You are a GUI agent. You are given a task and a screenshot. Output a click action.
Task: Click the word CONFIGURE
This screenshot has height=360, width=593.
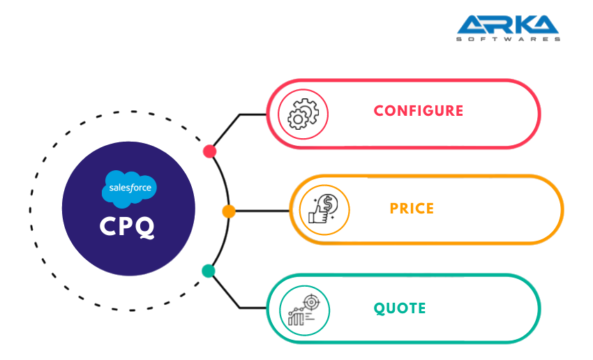418,110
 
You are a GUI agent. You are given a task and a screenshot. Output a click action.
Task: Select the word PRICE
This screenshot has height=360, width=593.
412,208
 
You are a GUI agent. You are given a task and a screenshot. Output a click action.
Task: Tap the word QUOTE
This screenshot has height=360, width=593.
400,308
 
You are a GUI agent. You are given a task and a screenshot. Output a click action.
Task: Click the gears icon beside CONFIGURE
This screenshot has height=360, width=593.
303,114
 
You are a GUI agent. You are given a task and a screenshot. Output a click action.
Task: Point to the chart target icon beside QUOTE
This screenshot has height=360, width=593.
304,309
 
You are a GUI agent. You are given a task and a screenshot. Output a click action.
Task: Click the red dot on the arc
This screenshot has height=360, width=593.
209,151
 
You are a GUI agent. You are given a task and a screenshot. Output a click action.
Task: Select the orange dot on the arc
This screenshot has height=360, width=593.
229,211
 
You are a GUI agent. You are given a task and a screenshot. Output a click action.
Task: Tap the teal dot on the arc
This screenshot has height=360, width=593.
208,271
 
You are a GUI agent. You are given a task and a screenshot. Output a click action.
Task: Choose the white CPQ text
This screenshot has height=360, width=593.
128,227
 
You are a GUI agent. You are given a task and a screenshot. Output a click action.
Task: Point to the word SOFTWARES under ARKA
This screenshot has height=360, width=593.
508,39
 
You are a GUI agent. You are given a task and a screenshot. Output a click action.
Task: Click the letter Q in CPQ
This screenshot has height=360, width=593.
145,228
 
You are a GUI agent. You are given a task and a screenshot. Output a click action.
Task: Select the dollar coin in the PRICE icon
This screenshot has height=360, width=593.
329,203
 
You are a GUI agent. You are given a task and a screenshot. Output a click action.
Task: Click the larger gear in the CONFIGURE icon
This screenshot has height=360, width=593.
307,110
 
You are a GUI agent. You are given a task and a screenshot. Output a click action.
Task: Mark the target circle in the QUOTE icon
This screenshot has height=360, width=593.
310,301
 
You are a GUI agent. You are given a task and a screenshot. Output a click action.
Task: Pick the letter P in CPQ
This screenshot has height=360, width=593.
127,227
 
